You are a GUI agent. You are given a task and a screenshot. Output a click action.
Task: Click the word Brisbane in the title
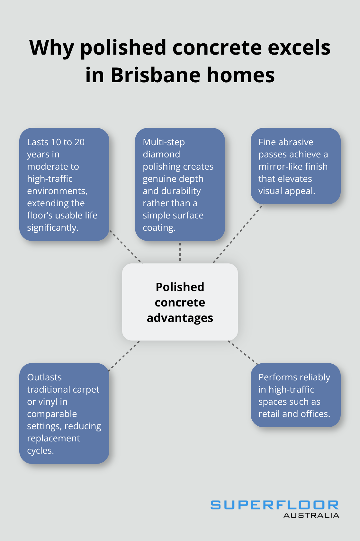(x=156, y=75)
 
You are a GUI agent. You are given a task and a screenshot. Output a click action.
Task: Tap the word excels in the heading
(x=299, y=47)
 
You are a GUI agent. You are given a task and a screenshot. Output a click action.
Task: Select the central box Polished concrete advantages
(x=180, y=302)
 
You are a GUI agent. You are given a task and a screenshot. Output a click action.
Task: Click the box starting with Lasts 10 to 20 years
(x=64, y=184)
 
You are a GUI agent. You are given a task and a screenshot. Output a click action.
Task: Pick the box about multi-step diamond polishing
(x=180, y=184)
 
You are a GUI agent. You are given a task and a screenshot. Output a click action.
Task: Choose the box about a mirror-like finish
(x=295, y=166)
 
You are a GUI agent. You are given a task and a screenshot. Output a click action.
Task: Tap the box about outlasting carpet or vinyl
(x=64, y=413)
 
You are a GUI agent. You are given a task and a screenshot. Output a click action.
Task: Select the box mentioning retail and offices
(x=295, y=395)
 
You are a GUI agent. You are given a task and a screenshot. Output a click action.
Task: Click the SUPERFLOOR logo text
(x=274, y=505)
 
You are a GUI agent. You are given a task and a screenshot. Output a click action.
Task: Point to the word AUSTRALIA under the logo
(x=311, y=515)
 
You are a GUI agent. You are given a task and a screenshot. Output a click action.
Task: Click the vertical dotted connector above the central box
(x=180, y=252)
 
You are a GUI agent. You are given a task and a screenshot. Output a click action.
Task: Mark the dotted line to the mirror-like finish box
(x=238, y=234)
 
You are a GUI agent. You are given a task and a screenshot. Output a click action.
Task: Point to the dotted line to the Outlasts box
(x=124, y=356)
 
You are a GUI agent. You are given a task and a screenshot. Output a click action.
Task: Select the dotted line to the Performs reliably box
(x=243, y=352)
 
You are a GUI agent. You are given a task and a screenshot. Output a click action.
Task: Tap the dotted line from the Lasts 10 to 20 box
(x=126, y=247)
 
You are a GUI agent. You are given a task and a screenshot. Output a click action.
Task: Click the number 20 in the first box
(x=79, y=142)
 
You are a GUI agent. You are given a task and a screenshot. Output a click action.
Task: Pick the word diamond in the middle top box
(x=161, y=154)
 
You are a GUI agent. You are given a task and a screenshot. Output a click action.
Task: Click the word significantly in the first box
(x=53, y=228)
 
